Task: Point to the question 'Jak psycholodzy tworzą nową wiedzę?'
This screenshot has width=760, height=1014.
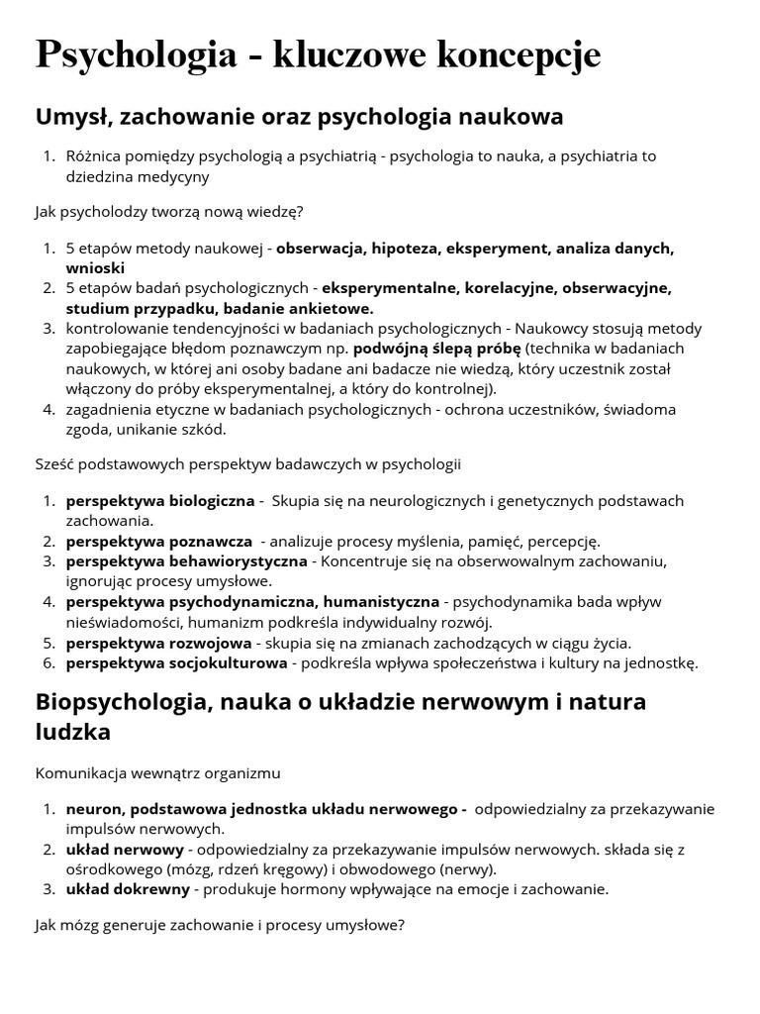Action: (x=169, y=211)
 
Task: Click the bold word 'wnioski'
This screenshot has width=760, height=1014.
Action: (x=96, y=267)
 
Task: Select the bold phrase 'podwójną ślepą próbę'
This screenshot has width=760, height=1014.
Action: (x=436, y=349)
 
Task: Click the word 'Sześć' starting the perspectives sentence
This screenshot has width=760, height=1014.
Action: (x=55, y=463)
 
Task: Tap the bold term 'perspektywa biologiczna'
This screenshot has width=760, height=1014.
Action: (x=160, y=501)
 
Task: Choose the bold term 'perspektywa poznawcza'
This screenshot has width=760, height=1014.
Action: (x=159, y=542)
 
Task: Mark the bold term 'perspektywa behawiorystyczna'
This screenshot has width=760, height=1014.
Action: (x=187, y=561)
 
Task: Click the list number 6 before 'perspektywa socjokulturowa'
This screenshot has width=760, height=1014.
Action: (x=48, y=663)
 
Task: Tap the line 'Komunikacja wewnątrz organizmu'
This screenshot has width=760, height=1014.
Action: (x=157, y=771)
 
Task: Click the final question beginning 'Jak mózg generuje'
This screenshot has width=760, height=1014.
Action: (x=220, y=926)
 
